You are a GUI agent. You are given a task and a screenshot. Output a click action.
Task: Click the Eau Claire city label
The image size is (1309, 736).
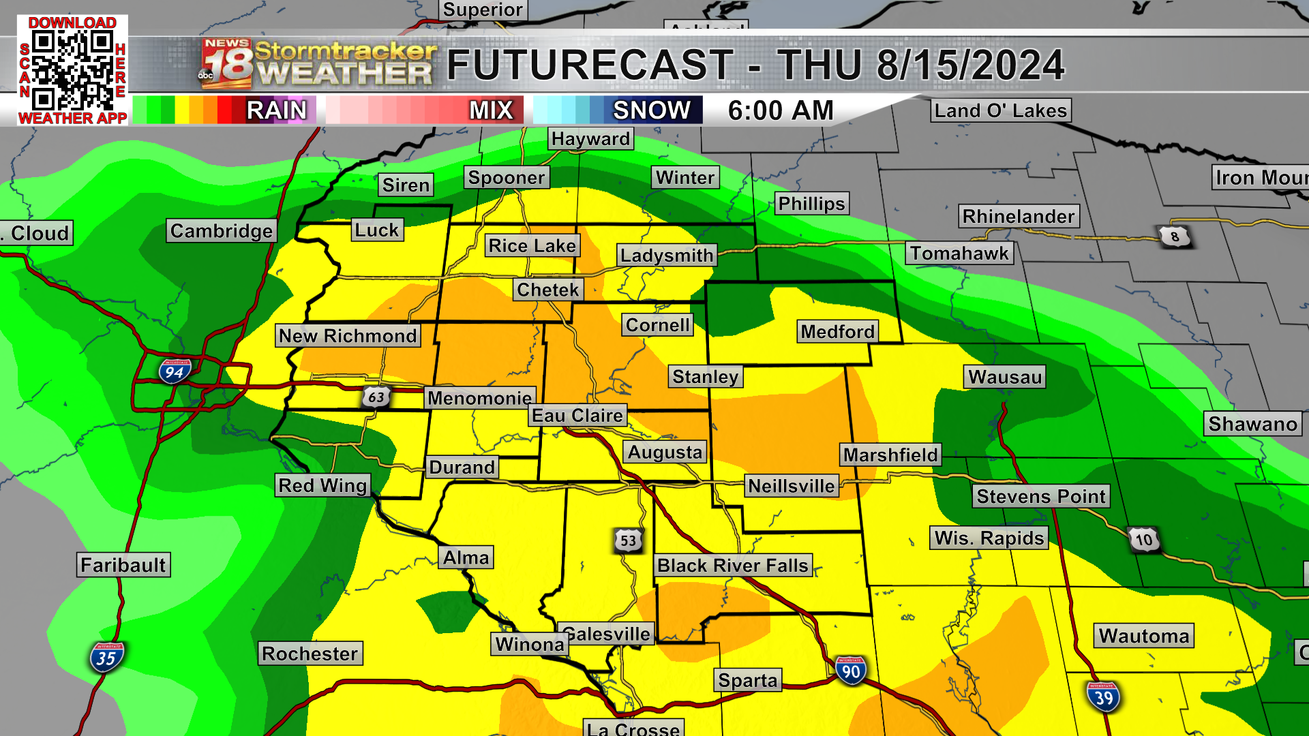pos(577,416)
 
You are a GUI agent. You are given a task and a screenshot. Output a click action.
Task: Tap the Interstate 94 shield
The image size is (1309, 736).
pos(175,372)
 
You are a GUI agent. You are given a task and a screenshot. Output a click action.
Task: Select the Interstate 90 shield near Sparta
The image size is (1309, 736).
pos(850,671)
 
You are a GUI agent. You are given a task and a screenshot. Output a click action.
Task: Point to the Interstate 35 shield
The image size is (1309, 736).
pos(106,658)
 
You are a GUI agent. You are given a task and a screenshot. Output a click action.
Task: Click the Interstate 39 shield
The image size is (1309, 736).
pos(1103,697)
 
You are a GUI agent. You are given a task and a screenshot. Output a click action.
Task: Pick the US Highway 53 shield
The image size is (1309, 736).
pos(628,541)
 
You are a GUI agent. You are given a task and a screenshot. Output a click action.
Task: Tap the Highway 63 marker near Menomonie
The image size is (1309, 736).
pos(376,397)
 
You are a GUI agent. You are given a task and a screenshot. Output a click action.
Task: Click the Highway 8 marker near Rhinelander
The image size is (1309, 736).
pos(1174,236)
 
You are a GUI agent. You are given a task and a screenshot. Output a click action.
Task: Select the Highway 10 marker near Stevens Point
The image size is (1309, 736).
pos(1143,540)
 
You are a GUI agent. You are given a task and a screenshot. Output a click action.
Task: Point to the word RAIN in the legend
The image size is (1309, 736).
pos(276,110)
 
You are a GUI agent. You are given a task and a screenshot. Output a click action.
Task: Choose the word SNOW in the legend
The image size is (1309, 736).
pos(651,110)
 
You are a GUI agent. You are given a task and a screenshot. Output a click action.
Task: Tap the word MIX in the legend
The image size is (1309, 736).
pos(491,110)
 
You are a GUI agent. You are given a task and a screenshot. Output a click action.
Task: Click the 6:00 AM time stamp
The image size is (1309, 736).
pos(781,110)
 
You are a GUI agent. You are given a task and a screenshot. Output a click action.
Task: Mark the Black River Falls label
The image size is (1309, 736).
pos(733,566)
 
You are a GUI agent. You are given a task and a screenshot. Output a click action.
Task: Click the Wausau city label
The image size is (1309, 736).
pos(1005,377)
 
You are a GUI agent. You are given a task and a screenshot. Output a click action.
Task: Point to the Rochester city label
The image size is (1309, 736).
pos(310,654)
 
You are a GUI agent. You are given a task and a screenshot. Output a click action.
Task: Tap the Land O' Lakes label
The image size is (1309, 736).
pos(1000,110)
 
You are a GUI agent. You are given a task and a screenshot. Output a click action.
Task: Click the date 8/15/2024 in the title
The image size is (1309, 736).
pos(969,65)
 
